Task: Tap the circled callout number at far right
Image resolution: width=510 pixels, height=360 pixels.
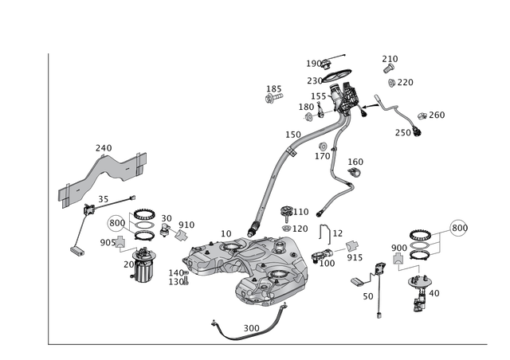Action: (x=457, y=229)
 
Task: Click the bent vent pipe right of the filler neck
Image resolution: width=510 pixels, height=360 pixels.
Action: (x=343, y=179)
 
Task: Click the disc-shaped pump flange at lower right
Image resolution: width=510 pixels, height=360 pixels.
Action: (x=419, y=281)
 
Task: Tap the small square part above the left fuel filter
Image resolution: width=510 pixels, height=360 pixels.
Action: (x=120, y=241)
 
